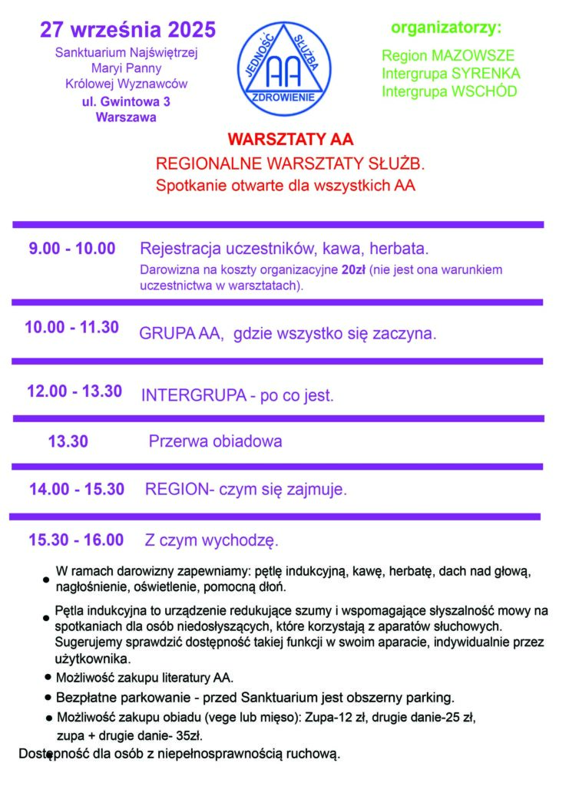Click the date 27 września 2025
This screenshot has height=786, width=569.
click(x=128, y=30)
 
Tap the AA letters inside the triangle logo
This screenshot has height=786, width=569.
click(x=284, y=72)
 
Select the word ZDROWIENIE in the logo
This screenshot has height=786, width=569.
click(x=284, y=99)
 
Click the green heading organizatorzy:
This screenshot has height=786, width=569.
click(x=445, y=28)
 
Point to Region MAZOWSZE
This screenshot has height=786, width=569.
click(x=448, y=56)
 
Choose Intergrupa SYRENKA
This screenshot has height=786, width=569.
click(x=451, y=74)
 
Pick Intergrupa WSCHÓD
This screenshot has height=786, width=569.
click(x=449, y=91)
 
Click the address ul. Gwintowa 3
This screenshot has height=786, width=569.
click(x=126, y=101)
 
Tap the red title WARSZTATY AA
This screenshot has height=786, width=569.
click(x=290, y=140)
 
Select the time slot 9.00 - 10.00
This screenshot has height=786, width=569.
click(x=72, y=249)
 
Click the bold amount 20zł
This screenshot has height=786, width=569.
click(x=355, y=271)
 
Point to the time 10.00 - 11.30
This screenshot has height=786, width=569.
click(x=71, y=327)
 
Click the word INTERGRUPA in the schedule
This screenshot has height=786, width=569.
click(x=182, y=396)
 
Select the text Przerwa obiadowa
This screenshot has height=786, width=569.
click(x=215, y=441)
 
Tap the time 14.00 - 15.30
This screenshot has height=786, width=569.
click(x=77, y=489)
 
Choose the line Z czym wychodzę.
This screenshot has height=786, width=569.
click(x=212, y=540)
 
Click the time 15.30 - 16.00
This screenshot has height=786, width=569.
click(x=76, y=540)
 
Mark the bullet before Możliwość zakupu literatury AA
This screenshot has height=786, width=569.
click(x=48, y=679)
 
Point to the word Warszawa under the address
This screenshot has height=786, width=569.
click(x=126, y=117)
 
